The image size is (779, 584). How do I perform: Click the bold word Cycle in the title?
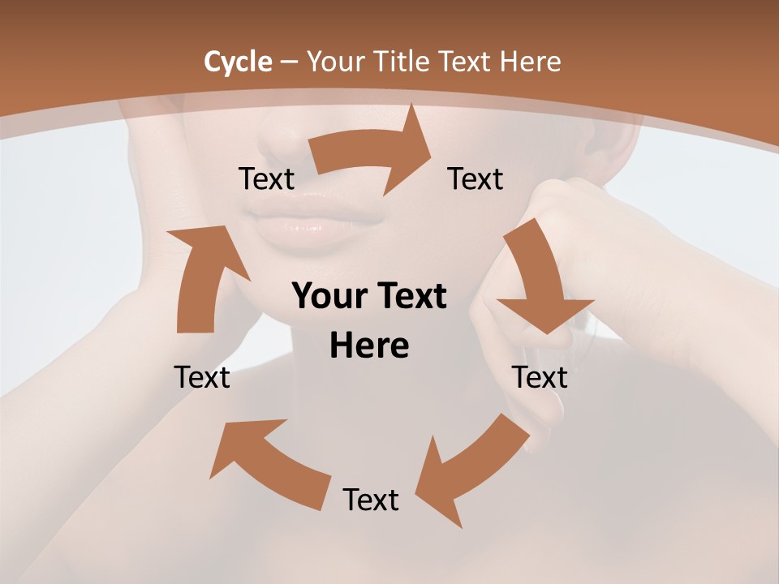[x=238, y=62]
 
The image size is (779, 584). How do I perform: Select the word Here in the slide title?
[x=532, y=62]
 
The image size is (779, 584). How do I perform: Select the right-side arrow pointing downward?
[x=540, y=284]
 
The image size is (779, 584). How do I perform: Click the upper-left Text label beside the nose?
[x=266, y=179]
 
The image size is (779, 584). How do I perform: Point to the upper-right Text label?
[x=476, y=179]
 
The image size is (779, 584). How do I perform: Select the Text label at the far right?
[x=540, y=377]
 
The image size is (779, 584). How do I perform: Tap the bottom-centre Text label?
[x=371, y=500]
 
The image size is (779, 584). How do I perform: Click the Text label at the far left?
[x=202, y=377]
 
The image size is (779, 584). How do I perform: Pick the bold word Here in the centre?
[x=369, y=346]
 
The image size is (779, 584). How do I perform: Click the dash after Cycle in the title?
[x=289, y=62]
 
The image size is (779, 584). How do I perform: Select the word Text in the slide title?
[x=465, y=62]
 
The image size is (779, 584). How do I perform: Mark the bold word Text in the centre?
[x=410, y=297]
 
